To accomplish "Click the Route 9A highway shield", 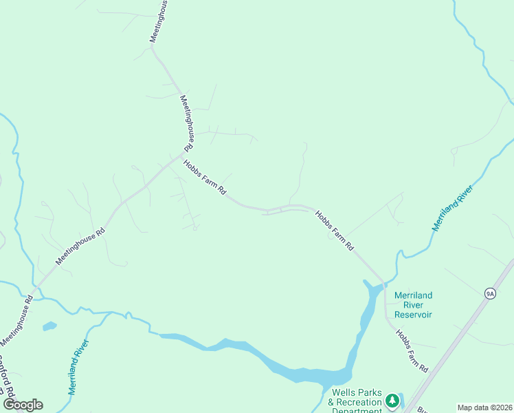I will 489,293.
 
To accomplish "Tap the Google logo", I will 23,405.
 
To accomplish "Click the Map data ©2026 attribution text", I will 484,407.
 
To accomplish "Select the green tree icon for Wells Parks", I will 392,400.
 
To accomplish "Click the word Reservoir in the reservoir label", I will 413,315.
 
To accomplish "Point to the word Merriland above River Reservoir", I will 413,295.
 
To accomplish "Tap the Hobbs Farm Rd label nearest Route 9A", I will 412,351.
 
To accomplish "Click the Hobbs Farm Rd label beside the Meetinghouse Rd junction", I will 205,177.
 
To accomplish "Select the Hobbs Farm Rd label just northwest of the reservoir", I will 335,230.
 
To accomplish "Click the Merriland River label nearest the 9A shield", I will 452,207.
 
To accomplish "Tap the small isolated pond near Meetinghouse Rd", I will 49,326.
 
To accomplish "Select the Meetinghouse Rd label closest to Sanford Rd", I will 16,321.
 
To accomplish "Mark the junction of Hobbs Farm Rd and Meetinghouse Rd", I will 181,155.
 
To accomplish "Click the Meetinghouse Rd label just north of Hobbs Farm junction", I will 188,124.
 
